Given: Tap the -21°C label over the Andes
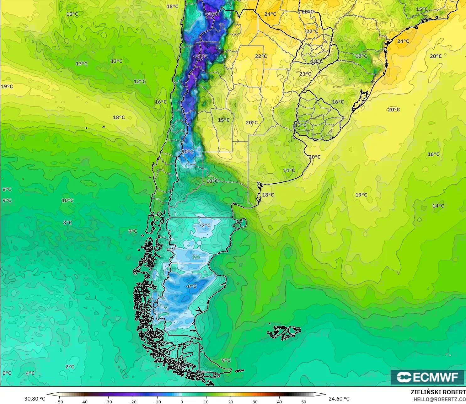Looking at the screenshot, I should coord(201,56).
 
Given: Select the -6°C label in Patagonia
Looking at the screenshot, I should coord(191,286).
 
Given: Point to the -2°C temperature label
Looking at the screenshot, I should coord(205,225).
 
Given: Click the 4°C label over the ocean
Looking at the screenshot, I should coord(30,373).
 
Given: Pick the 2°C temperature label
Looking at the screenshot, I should coord(70,367).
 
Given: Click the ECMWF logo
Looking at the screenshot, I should coord(427,377).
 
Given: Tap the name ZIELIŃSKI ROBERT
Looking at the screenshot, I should coord(438,392).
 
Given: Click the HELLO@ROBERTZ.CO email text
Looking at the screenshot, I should coord(439,399).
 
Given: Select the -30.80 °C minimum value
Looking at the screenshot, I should coord(34,399).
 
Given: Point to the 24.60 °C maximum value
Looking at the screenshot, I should coord(339,399).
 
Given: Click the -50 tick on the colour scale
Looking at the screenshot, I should coord(59,401).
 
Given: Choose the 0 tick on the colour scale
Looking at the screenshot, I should coord(182,401).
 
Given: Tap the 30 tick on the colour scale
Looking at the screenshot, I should coord(255,401).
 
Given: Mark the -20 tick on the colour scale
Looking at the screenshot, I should coord(133,401).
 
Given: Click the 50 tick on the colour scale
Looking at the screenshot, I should coord(304,401).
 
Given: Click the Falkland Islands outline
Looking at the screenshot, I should coord(284,332).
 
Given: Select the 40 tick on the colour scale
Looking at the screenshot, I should coord(280,401).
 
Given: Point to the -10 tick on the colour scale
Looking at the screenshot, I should coord(157,401).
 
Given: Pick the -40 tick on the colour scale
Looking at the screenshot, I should coord(83,401).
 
